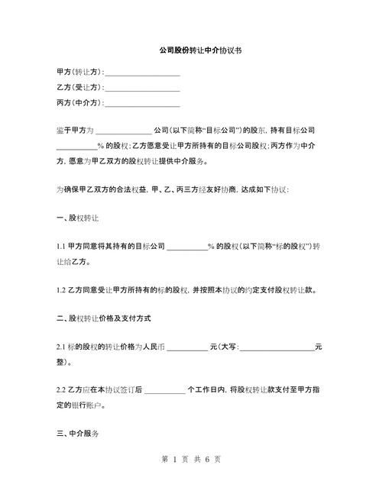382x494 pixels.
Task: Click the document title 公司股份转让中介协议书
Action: tap(190, 50)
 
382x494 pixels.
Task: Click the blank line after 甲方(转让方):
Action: tap(142, 73)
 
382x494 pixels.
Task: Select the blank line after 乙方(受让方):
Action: tap(142, 89)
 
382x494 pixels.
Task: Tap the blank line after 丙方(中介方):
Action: tap(142, 104)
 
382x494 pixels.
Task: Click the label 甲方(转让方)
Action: tap(79, 72)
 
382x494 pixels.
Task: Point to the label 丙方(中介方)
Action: tap(79, 102)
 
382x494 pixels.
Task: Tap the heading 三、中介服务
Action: tap(79, 434)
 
